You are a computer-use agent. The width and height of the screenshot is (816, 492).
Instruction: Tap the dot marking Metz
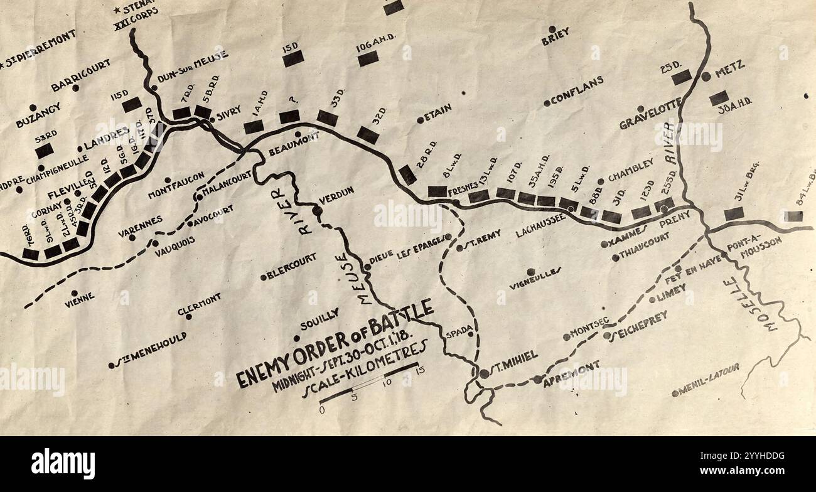click(706, 76)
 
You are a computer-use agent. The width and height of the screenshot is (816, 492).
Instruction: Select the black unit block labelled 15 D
click(293, 58)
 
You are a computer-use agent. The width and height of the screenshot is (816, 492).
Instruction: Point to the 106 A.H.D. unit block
click(368, 58)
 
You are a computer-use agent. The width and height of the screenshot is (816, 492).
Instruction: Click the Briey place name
click(556, 40)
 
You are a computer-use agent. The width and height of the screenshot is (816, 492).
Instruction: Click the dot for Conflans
click(547, 103)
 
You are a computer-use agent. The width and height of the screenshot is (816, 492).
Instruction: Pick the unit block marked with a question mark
click(289, 117)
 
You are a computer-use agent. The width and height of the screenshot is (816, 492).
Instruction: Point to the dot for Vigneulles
click(531, 272)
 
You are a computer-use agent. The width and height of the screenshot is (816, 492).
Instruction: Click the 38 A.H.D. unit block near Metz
click(719, 98)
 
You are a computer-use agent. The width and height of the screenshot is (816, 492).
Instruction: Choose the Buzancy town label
click(38, 115)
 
